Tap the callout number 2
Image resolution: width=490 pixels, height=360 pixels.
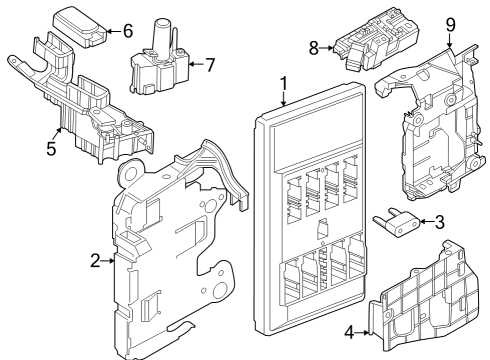point(95,261)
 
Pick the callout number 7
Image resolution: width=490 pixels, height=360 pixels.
point(209,66)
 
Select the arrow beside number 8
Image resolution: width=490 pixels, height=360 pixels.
point(326,46)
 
